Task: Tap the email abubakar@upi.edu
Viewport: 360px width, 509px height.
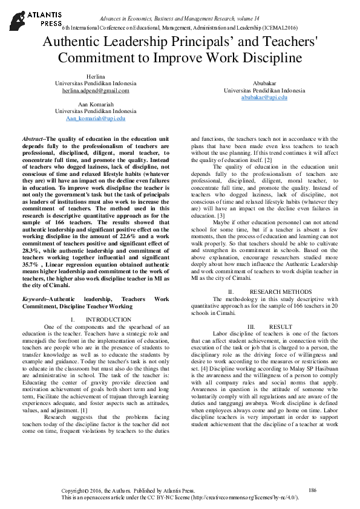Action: [x=264, y=97]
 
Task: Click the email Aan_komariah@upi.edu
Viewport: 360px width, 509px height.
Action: [x=96, y=118]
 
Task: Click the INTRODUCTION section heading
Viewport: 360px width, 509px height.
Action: [x=108, y=319]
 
